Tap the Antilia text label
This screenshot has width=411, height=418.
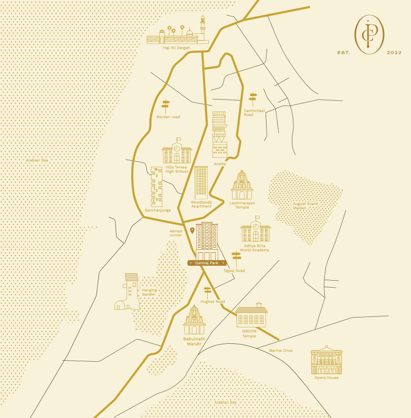pos(220,164)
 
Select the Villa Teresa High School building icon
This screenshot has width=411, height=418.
pos(177,151)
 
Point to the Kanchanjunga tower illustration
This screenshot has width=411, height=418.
pos(157,187)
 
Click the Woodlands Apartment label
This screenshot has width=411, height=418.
pos(201,204)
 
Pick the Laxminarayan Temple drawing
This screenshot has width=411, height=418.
pos(242,185)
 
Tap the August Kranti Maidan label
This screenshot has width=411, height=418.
pos(305,206)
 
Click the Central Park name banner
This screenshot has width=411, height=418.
pos(207,263)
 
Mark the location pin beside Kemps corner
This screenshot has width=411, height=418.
pos(192,230)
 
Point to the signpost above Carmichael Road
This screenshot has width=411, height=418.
pos(253,97)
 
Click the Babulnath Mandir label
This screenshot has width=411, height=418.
pos(194,341)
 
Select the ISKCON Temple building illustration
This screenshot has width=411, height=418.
pos(251,315)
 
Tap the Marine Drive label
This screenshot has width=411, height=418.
pos(281,351)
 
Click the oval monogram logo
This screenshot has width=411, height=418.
pos(369,34)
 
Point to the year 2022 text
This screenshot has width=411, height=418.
pos(394,52)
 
